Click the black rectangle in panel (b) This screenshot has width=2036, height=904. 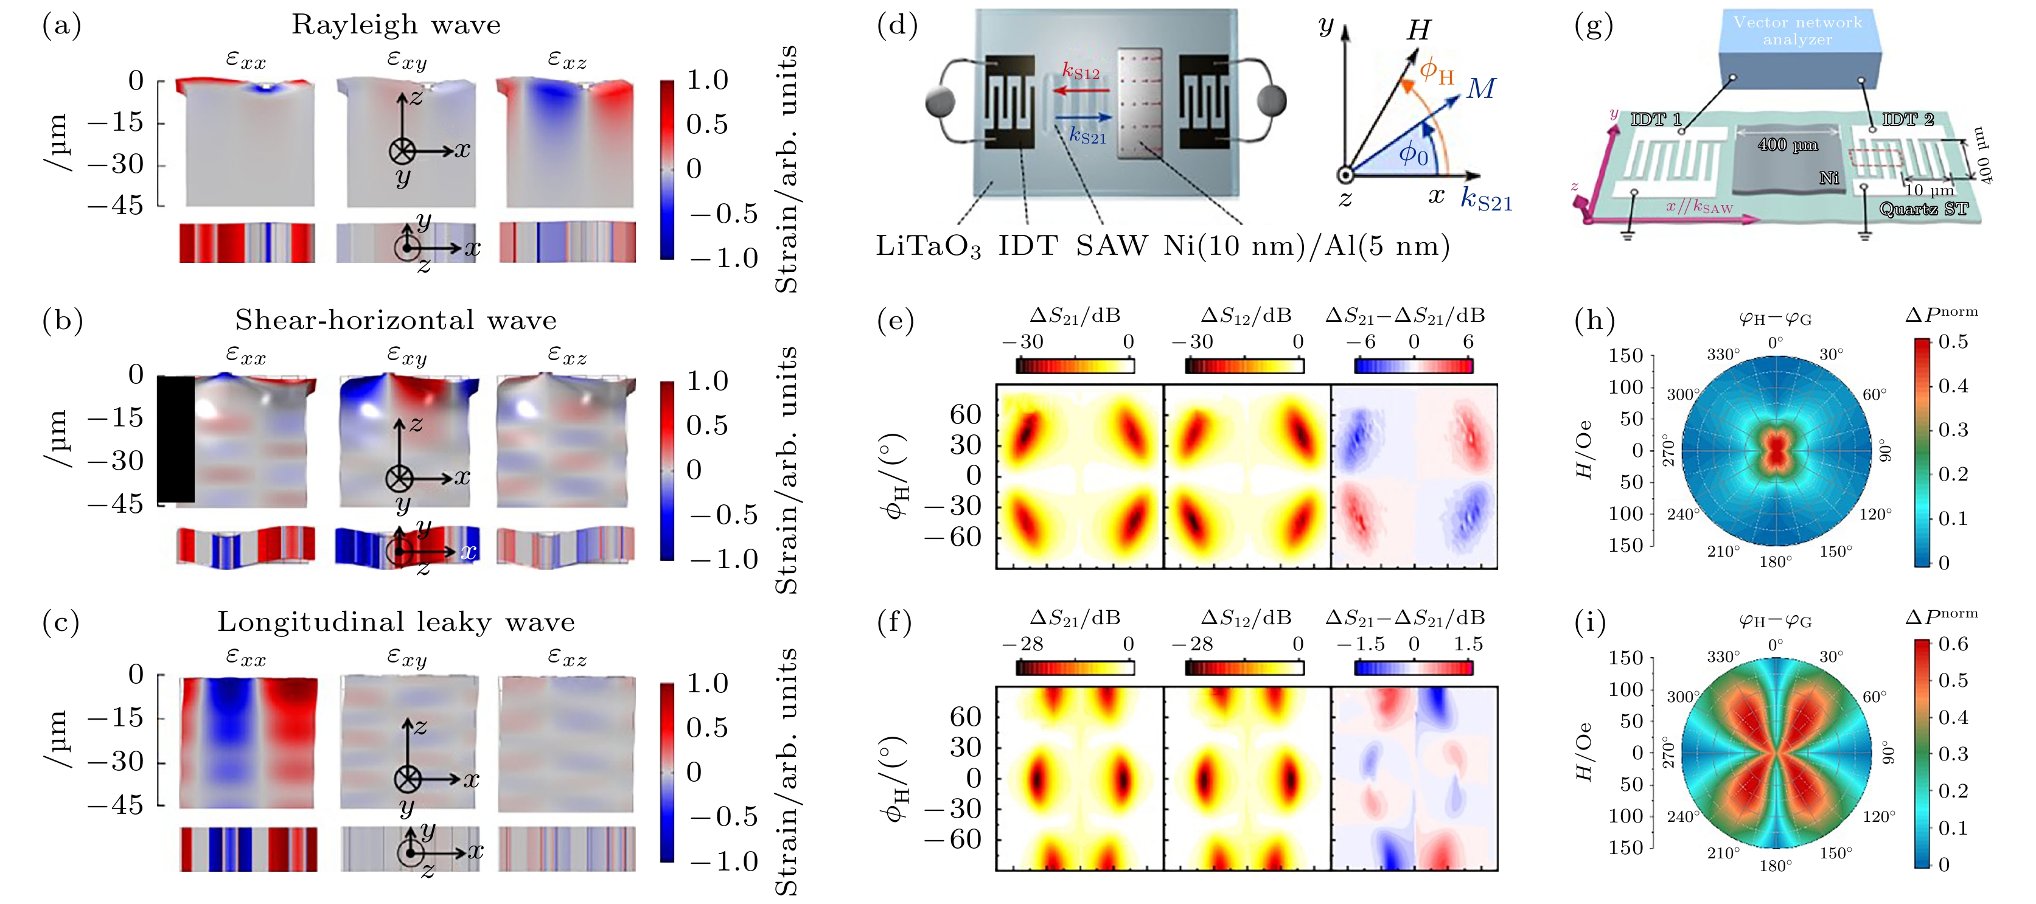(x=175, y=439)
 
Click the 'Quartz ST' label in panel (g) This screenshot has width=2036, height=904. (x=1923, y=209)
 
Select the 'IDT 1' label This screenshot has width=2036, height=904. (x=1656, y=120)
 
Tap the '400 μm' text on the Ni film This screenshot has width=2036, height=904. (x=1788, y=145)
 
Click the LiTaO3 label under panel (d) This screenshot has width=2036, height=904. (x=928, y=246)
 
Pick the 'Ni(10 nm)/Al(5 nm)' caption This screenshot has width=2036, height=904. (x=1306, y=246)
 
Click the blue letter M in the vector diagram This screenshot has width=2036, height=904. (x=1480, y=88)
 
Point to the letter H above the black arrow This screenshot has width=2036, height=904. (x=1419, y=30)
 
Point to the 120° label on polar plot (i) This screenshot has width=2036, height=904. (x=1878, y=816)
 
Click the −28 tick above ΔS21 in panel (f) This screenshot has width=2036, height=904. (x=1023, y=644)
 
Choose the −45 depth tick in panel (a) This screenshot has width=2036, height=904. (x=116, y=206)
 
